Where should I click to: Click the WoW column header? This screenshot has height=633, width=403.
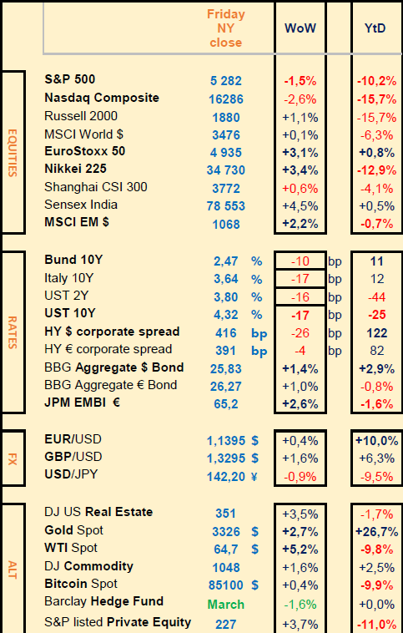click(x=300, y=28)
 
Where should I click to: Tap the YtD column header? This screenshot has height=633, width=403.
click(x=375, y=28)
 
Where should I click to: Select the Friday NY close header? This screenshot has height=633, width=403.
click(x=226, y=28)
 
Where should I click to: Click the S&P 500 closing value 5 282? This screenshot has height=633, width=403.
click(x=226, y=81)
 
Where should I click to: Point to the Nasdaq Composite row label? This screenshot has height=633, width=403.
click(x=102, y=98)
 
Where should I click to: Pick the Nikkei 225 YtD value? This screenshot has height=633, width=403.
click(x=377, y=170)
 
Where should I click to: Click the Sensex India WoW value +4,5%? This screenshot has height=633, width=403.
click(x=300, y=206)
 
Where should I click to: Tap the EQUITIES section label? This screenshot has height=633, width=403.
click(x=13, y=153)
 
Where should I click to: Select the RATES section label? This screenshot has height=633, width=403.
click(x=13, y=332)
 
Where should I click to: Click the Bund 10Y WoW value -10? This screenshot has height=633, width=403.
click(x=300, y=261)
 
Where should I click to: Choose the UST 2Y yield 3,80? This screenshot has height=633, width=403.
click(x=226, y=297)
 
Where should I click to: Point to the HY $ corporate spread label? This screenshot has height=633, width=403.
click(x=112, y=332)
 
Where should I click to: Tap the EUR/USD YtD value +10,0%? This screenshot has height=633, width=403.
click(x=377, y=441)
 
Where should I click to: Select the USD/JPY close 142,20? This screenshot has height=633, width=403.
click(x=226, y=477)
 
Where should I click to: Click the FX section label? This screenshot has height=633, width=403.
click(x=13, y=459)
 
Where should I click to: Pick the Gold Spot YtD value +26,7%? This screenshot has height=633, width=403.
click(x=377, y=532)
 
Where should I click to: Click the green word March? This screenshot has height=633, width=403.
click(x=226, y=605)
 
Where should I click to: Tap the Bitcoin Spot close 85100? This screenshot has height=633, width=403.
click(x=226, y=585)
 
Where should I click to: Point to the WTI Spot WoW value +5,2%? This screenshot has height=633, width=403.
click(x=300, y=549)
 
